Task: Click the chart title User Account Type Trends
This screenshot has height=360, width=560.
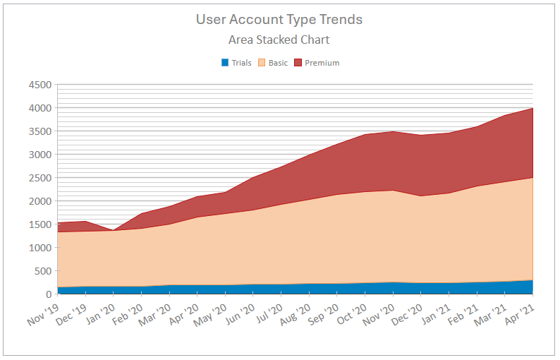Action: point(279,19)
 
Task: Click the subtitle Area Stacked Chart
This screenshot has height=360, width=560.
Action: point(279,40)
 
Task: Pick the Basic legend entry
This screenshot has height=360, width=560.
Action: point(278,63)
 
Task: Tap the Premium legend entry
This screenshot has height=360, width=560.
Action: point(322,63)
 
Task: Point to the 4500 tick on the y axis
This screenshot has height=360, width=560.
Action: point(39,85)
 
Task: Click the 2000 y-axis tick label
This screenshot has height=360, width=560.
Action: point(39,201)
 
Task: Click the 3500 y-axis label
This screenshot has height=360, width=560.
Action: point(39,131)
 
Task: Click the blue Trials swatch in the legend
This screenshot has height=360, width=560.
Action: point(225,63)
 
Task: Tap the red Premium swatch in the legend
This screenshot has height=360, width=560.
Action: point(298,63)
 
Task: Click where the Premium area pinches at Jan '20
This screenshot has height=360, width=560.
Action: point(114,230)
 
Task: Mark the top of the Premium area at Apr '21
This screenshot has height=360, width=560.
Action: point(532,108)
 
